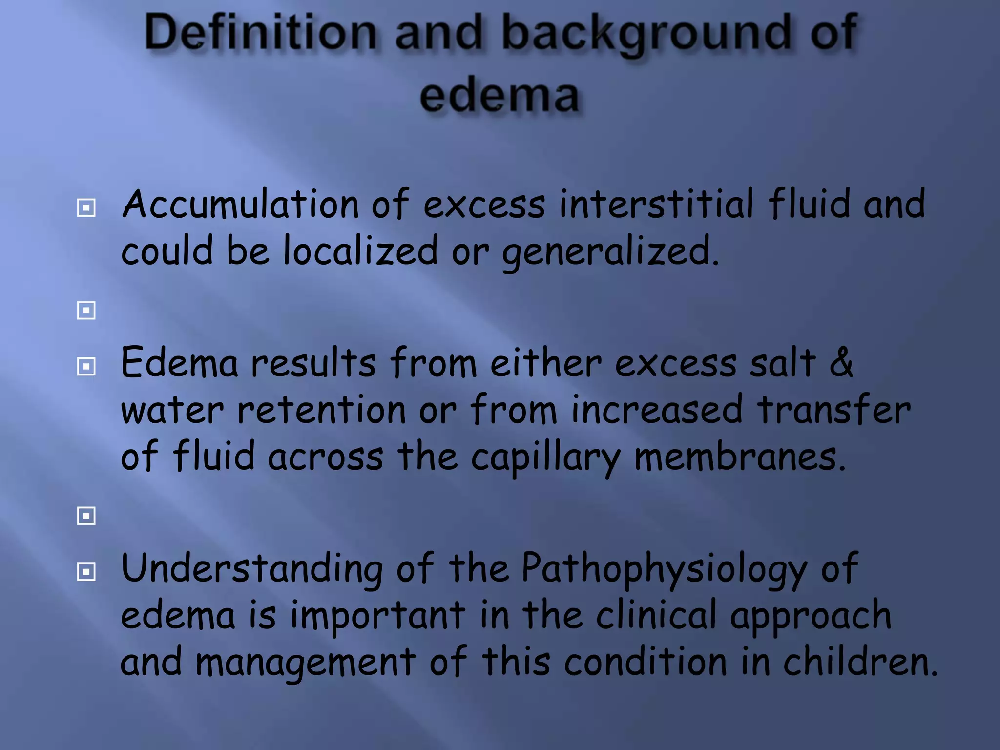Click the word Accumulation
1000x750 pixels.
240,204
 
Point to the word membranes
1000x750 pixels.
739,456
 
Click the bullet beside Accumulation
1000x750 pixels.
86,208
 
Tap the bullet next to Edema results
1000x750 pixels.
86,366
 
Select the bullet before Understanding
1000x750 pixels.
86,572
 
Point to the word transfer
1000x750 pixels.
833,409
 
